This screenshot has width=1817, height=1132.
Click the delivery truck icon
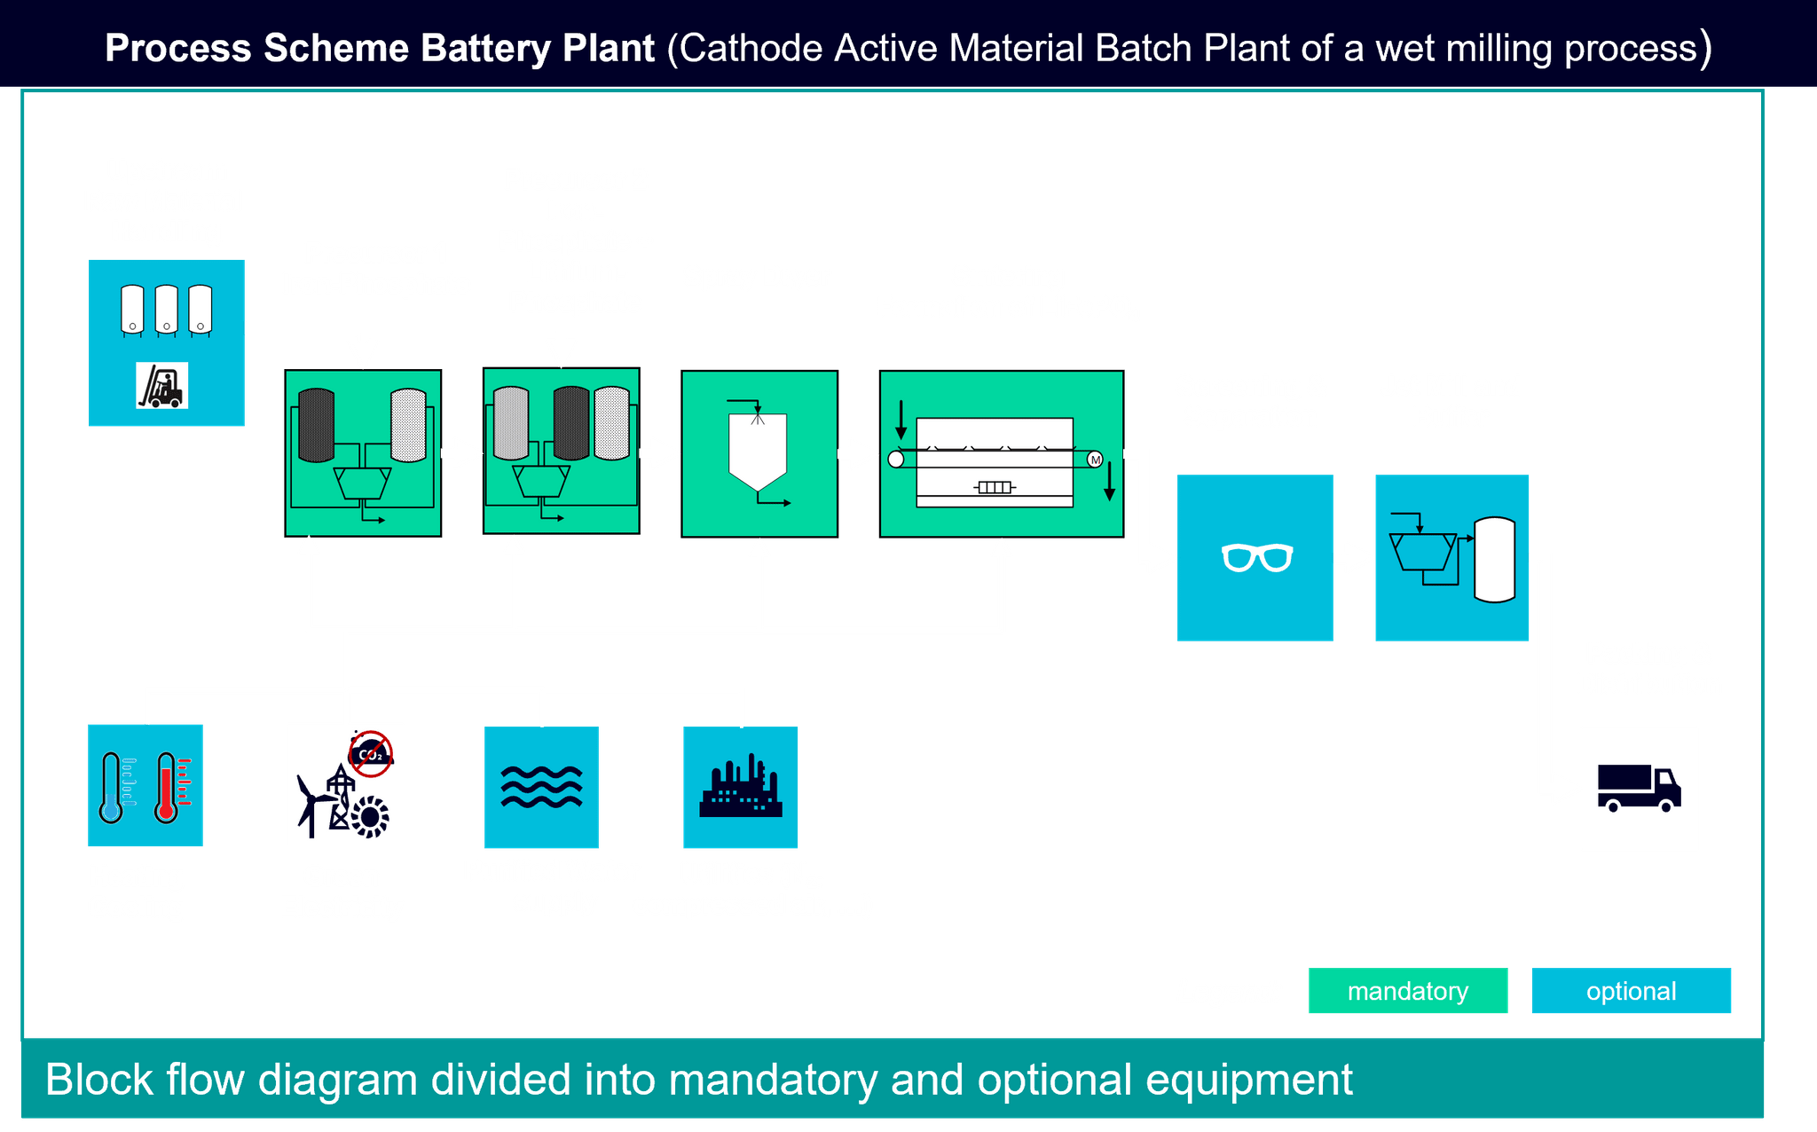[1639, 788]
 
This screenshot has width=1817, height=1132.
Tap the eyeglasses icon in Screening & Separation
[1256, 558]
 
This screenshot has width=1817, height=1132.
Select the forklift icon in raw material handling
[162, 386]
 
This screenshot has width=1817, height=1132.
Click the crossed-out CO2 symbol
[371, 754]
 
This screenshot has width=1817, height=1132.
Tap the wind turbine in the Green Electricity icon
[309, 803]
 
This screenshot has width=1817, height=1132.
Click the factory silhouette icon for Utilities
[741, 787]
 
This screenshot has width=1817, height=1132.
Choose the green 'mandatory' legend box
[1407, 991]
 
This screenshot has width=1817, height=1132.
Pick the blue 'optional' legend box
[1631, 991]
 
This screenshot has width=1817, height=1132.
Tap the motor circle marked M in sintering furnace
[1095, 460]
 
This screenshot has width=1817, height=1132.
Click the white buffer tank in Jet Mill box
[1494, 560]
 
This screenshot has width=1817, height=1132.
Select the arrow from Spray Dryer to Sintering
[857, 454]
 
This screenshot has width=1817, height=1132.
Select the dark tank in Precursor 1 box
[316, 426]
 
